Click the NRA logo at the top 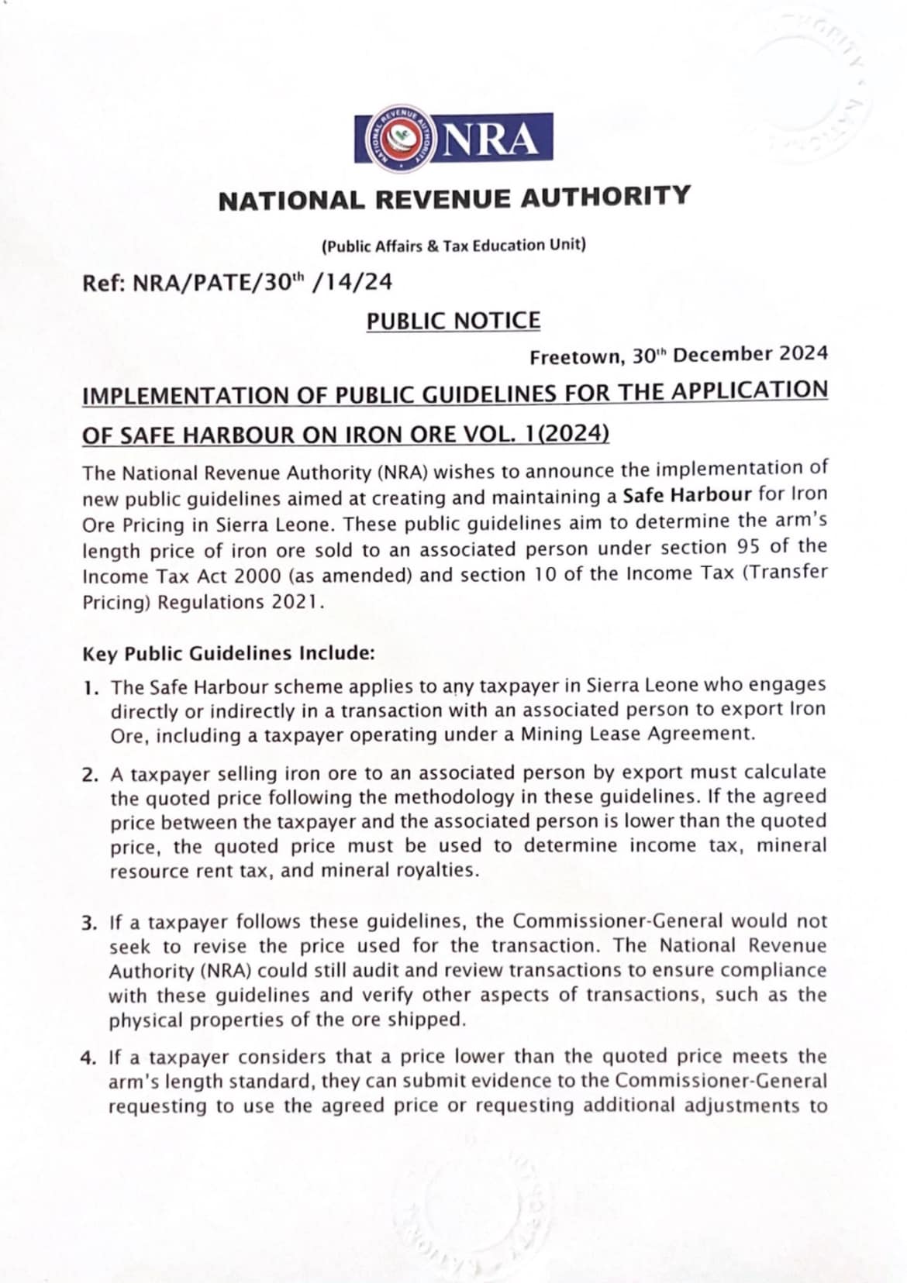coord(453,139)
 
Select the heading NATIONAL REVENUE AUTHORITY coord(453,198)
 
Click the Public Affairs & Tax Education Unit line coord(453,246)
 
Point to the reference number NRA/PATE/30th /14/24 coord(263,282)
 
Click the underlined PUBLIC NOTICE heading coord(453,321)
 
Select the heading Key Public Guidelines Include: coord(229,654)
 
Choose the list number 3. coord(90,924)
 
